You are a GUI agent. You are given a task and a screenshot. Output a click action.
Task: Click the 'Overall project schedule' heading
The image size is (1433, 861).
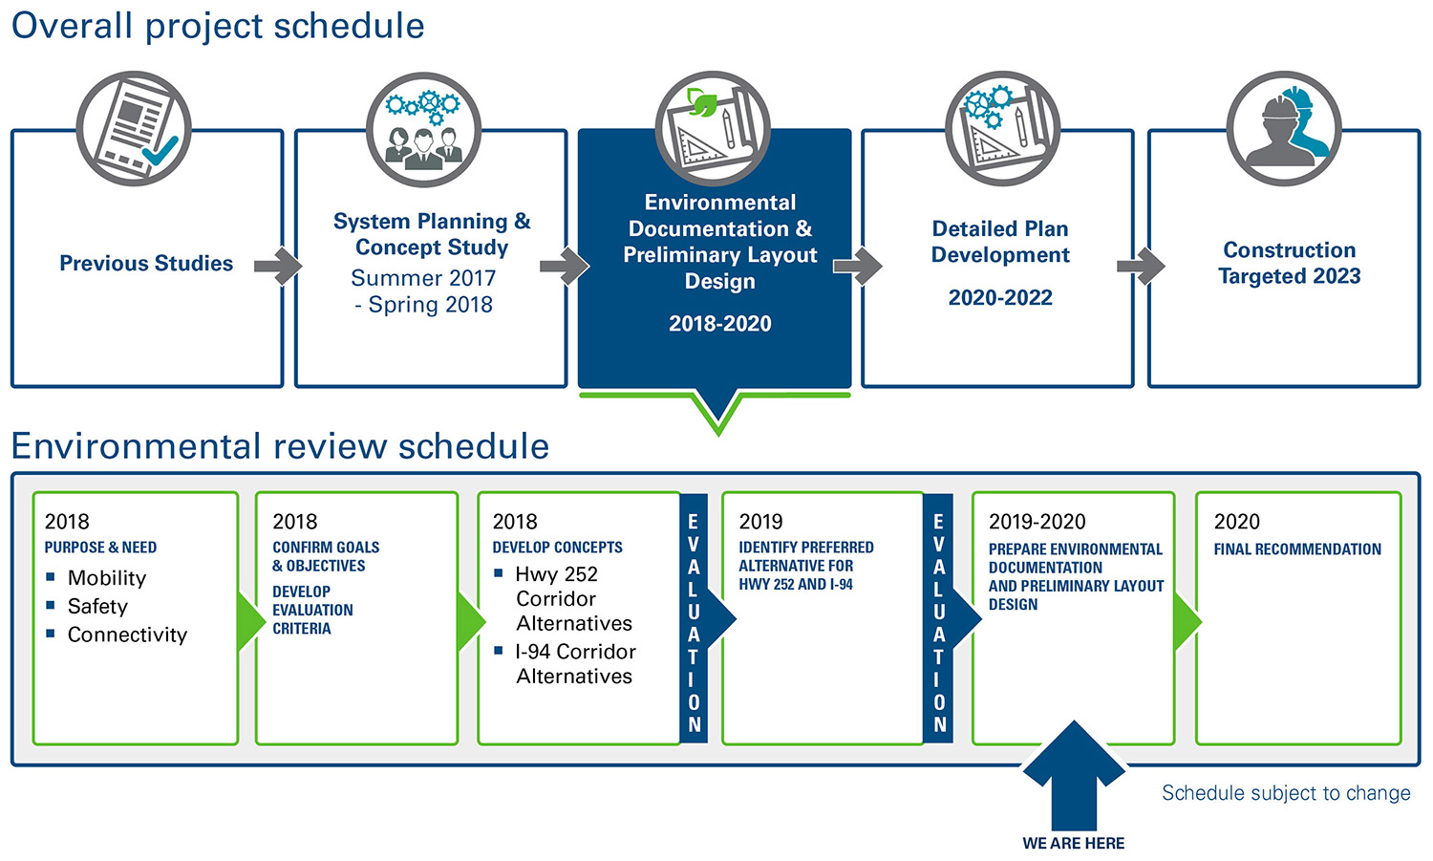(218, 26)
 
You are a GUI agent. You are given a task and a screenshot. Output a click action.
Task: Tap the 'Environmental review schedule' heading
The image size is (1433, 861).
(280, 446)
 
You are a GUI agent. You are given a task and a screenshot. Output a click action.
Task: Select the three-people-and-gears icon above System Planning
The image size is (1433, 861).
(423, 129)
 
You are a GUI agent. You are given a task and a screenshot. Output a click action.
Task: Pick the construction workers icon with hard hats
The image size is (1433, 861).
(1284, 129)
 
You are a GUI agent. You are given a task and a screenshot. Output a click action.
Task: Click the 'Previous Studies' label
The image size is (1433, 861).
(146, 264)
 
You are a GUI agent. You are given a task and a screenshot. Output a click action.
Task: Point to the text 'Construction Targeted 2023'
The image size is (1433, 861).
(1289, 263)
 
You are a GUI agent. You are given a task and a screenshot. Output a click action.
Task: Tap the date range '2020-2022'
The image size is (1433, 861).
(1000, 298)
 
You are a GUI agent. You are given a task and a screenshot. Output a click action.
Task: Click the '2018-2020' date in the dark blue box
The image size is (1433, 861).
(719, 324)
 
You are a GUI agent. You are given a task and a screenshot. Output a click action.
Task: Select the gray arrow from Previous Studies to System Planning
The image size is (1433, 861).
(278, 265)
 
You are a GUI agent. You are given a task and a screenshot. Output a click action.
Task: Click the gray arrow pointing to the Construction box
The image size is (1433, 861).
(1141, 265)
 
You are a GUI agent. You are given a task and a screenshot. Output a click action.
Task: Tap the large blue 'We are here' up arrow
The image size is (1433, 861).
(1074, 774)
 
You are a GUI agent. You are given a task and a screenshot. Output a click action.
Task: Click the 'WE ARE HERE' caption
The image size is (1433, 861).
(1074, 844)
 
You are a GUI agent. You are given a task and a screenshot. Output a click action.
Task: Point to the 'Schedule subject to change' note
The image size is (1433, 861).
(1286, 793)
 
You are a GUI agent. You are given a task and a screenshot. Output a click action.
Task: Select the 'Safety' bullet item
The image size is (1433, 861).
(97, 607)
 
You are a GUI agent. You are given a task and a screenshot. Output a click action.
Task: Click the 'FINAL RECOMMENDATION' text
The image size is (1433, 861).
(1297, 549)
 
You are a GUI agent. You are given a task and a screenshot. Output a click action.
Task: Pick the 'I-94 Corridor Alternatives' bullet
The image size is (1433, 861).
(574, 664)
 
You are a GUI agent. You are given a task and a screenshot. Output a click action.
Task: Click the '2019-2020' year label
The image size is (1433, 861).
(1037, 522)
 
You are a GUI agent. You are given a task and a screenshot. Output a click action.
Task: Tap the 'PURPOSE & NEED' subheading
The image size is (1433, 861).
(100, 548)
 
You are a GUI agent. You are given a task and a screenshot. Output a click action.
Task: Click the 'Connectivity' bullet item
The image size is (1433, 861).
(127, 635)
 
